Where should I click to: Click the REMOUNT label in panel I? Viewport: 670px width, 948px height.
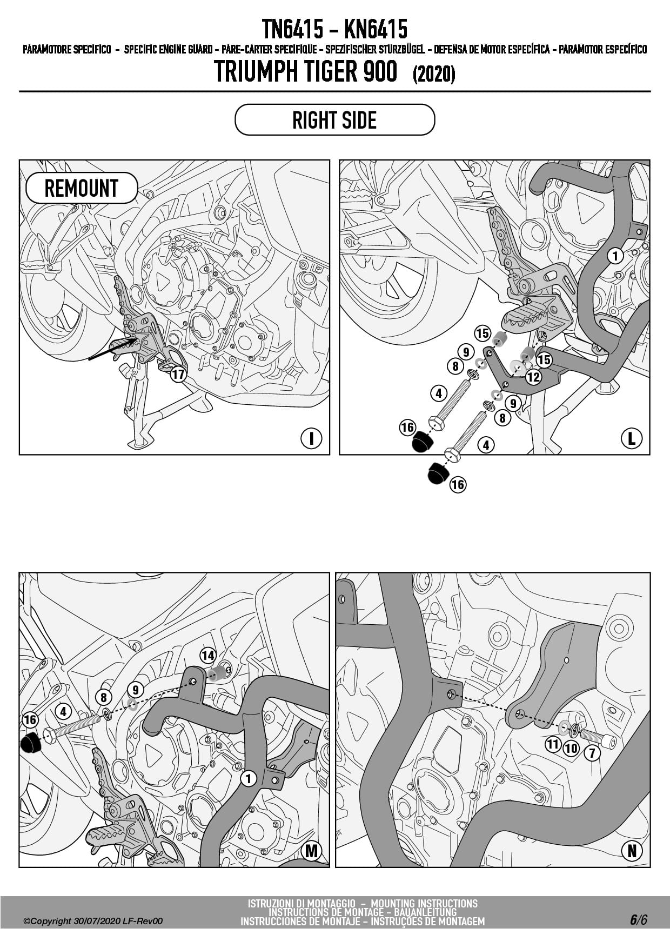[82, 188]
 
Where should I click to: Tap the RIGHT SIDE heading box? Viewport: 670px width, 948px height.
[334, 120]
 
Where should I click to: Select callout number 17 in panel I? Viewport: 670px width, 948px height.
[178, 374]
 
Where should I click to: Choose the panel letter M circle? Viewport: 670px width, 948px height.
[311, 851]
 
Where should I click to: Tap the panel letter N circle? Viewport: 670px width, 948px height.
[631, 851]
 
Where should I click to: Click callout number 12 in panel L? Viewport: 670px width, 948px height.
[533, 377]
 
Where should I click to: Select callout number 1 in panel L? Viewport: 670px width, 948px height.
[615, 255]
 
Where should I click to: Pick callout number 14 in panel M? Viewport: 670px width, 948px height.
[208, 656]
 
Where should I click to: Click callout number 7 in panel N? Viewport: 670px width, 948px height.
[592, 752]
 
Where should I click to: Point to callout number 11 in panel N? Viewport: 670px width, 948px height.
[552, 745]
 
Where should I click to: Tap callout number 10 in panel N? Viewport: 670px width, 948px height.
[571, 749]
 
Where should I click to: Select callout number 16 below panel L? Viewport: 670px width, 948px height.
[458, 484]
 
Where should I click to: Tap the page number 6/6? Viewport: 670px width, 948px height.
[638, 919]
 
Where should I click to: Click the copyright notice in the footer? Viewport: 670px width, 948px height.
[93, 921]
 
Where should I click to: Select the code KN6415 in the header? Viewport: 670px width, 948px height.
[376, 29]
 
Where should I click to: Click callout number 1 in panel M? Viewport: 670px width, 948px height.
[248, 778]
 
